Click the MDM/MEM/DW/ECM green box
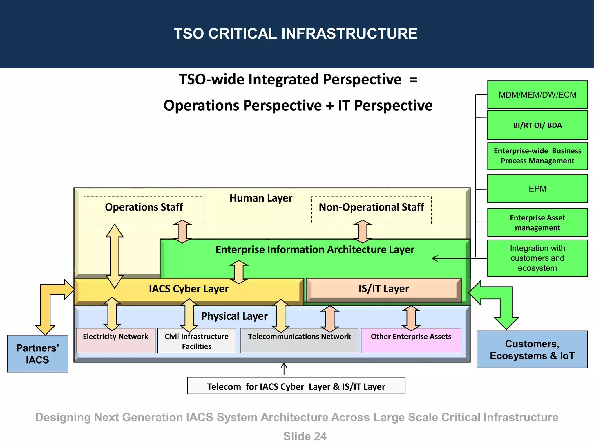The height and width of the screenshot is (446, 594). [537, 95]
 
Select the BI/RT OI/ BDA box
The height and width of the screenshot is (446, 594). [537, 125]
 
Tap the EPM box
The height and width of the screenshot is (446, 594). [537, 189]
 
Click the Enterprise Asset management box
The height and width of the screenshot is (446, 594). [537, 223]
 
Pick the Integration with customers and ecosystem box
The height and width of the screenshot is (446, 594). [537, 258]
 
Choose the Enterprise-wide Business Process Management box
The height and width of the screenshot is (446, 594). [537, 156]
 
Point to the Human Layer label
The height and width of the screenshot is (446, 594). [261, 198]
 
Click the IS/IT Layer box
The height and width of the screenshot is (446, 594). [383, 289]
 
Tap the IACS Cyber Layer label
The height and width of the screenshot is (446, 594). [189, 289]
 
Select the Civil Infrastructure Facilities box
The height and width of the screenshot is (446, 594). [197, 341]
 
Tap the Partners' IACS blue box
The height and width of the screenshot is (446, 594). [37, 354]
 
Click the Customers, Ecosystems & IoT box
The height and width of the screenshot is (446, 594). [532, 350]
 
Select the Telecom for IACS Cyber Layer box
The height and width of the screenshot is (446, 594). [296, 386]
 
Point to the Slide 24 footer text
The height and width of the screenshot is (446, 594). [305, 436]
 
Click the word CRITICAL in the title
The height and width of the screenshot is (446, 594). [242, 34]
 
